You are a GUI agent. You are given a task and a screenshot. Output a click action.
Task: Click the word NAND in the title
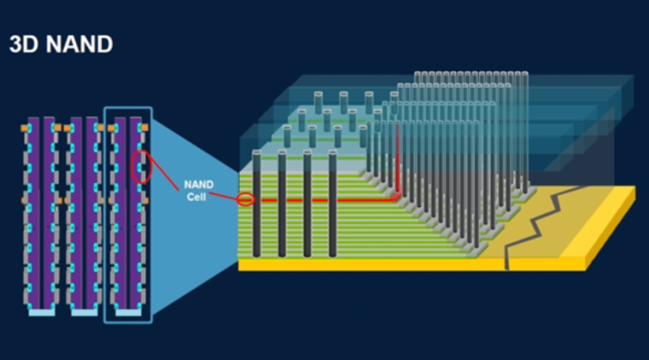[x=79, y=45]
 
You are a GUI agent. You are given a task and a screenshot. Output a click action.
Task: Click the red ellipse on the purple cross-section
[x=142, y=166]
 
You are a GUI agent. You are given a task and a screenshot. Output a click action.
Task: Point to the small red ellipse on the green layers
[x=245, y=200]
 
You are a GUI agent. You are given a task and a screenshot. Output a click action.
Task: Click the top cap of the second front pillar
[x=281, y=153]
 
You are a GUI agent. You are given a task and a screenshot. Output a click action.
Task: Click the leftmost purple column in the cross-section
[x=34, y=211]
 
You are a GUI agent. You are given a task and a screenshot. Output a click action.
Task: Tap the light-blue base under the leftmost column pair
[x=41, y=312]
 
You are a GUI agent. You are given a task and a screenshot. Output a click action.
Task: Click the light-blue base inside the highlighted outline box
[x=128, y=312]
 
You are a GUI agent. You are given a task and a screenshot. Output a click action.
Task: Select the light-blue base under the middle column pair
[x=84, y=312]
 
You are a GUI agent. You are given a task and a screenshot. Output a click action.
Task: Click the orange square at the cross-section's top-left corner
[x=25, y=128]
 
